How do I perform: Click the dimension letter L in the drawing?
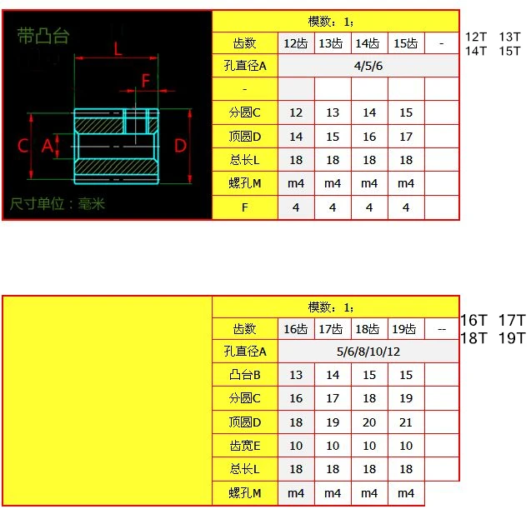point(117,49)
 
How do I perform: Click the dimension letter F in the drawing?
point(146,81)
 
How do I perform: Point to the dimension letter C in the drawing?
point(23,146)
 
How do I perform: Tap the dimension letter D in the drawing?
point(181,146)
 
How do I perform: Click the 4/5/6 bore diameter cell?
point(368,66)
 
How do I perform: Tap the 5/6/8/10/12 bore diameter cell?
point(368,352)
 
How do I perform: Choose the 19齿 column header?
point(406,329)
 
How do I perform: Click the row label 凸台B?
point(245,375)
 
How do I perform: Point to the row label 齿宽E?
point(245,446)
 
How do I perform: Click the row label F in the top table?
point(245,207)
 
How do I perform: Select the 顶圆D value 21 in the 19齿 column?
point(406,422)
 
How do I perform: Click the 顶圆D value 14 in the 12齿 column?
point(296,137)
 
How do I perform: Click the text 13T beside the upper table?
point(508,37)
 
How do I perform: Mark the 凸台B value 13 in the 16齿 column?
point(296,375)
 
